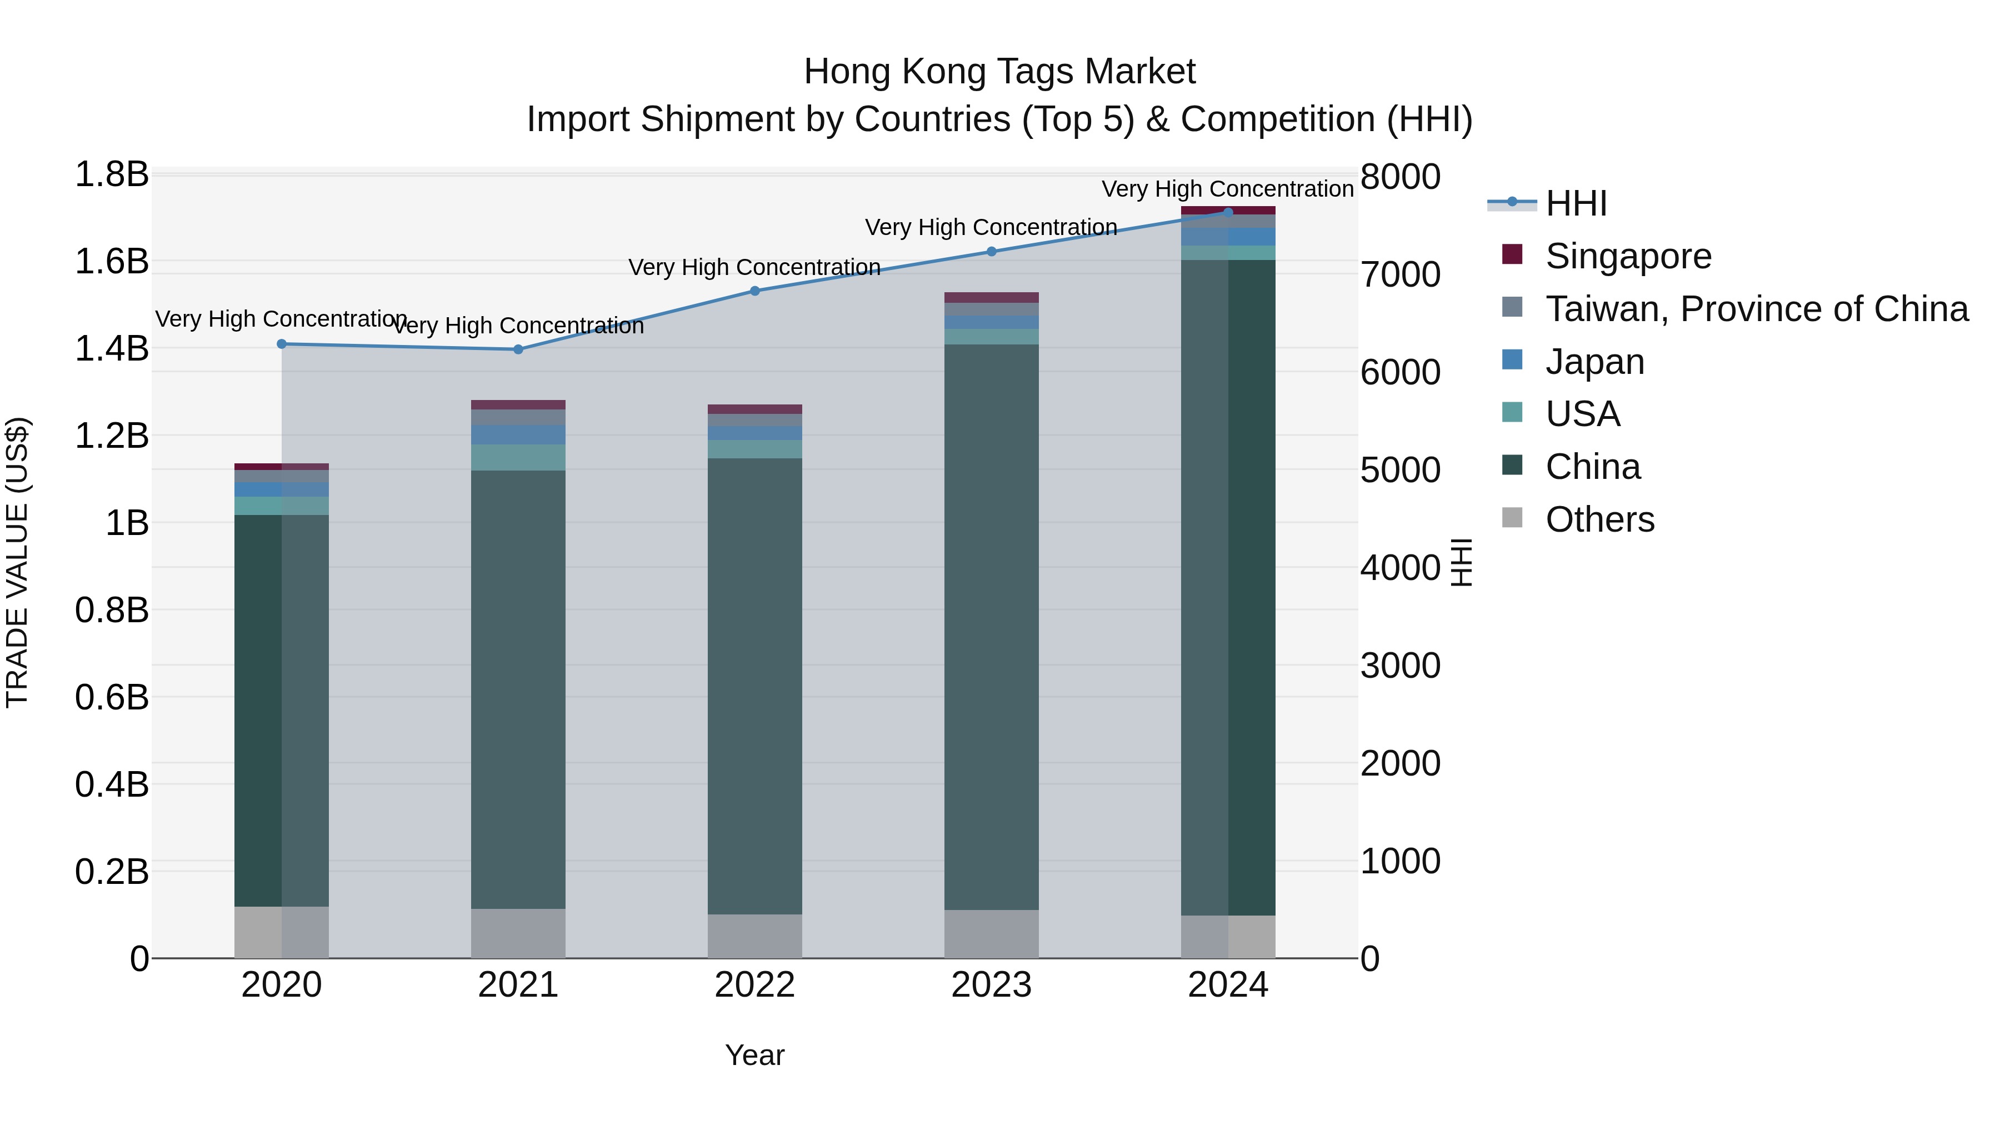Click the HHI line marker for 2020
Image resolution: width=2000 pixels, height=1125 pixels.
coord(282,344)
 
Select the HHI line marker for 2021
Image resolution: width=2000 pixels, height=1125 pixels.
coord(519,349)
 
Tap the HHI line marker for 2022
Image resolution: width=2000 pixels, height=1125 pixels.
coord(754,291)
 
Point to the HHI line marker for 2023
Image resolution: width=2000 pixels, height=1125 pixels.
coord(992,252)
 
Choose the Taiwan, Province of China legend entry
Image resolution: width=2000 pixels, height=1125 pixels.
coord(1756,309)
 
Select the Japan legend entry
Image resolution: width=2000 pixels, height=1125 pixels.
coord(1594,362)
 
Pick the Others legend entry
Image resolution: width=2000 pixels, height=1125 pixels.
coord(1599,519)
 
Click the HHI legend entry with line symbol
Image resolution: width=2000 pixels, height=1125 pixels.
coord(1576,203)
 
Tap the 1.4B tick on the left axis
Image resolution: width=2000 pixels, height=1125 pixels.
coord(112,348)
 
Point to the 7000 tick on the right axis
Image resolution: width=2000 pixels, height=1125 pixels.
coord(1400,275)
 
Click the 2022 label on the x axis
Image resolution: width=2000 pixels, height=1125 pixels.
coord(754,985)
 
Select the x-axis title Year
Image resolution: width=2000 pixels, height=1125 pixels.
coord(754,1055)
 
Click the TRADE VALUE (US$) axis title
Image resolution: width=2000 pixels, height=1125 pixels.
coord(17,562)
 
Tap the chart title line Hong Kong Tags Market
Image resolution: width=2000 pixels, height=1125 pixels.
coord(999,72)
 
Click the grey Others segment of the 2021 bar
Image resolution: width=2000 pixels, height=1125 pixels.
coord(519,933)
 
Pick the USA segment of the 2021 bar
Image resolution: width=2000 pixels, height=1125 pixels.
coord(519,457)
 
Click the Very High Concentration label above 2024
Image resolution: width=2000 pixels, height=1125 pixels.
coord(1227,189)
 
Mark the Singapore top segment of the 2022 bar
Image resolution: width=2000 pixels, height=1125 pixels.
coord(754,409)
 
